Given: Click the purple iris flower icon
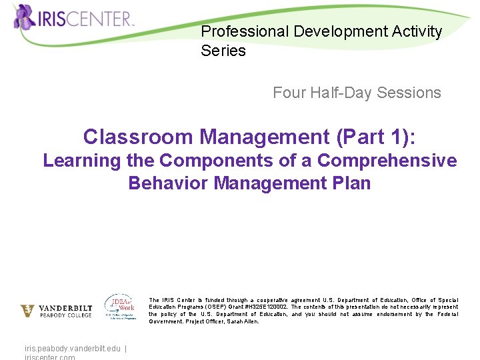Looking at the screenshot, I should click(x=25, y=16).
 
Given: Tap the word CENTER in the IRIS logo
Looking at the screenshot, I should click(x=101, y=18).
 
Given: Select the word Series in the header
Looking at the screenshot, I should click(x=223, y=51).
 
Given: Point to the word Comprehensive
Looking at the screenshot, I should click(x=387, y=161).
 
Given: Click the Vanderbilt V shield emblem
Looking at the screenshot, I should click(x=27, y=311).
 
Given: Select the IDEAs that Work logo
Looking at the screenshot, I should click(x=120, y=307).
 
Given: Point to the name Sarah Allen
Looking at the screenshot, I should click(x=243, y=321).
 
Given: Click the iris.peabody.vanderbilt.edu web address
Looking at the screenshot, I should click(x=72, y=348).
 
